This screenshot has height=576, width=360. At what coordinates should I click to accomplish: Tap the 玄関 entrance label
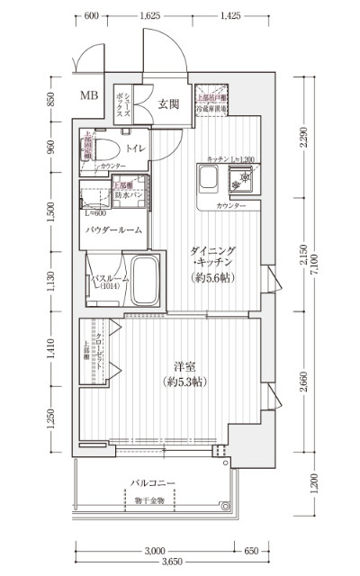coord(168,104)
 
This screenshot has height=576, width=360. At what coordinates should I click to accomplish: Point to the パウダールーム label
coord(113,231)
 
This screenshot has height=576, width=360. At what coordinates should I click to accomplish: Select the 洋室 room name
coord(186,366)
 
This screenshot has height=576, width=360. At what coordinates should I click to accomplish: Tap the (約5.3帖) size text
coord(186,382)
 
